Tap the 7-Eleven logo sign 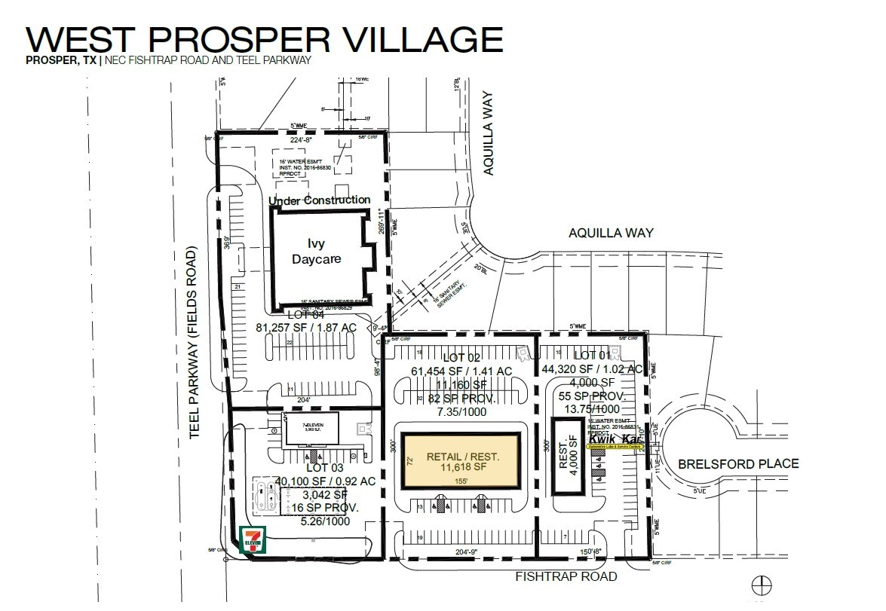point(252,540)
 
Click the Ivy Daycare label point(317,251)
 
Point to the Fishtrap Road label point(566,576)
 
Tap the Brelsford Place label point(737,463)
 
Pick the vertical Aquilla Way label point(489,134)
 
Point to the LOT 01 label point(596,354)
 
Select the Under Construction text point(320,200)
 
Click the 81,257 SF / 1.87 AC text point(305,328)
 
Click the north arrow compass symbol point(762,584)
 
